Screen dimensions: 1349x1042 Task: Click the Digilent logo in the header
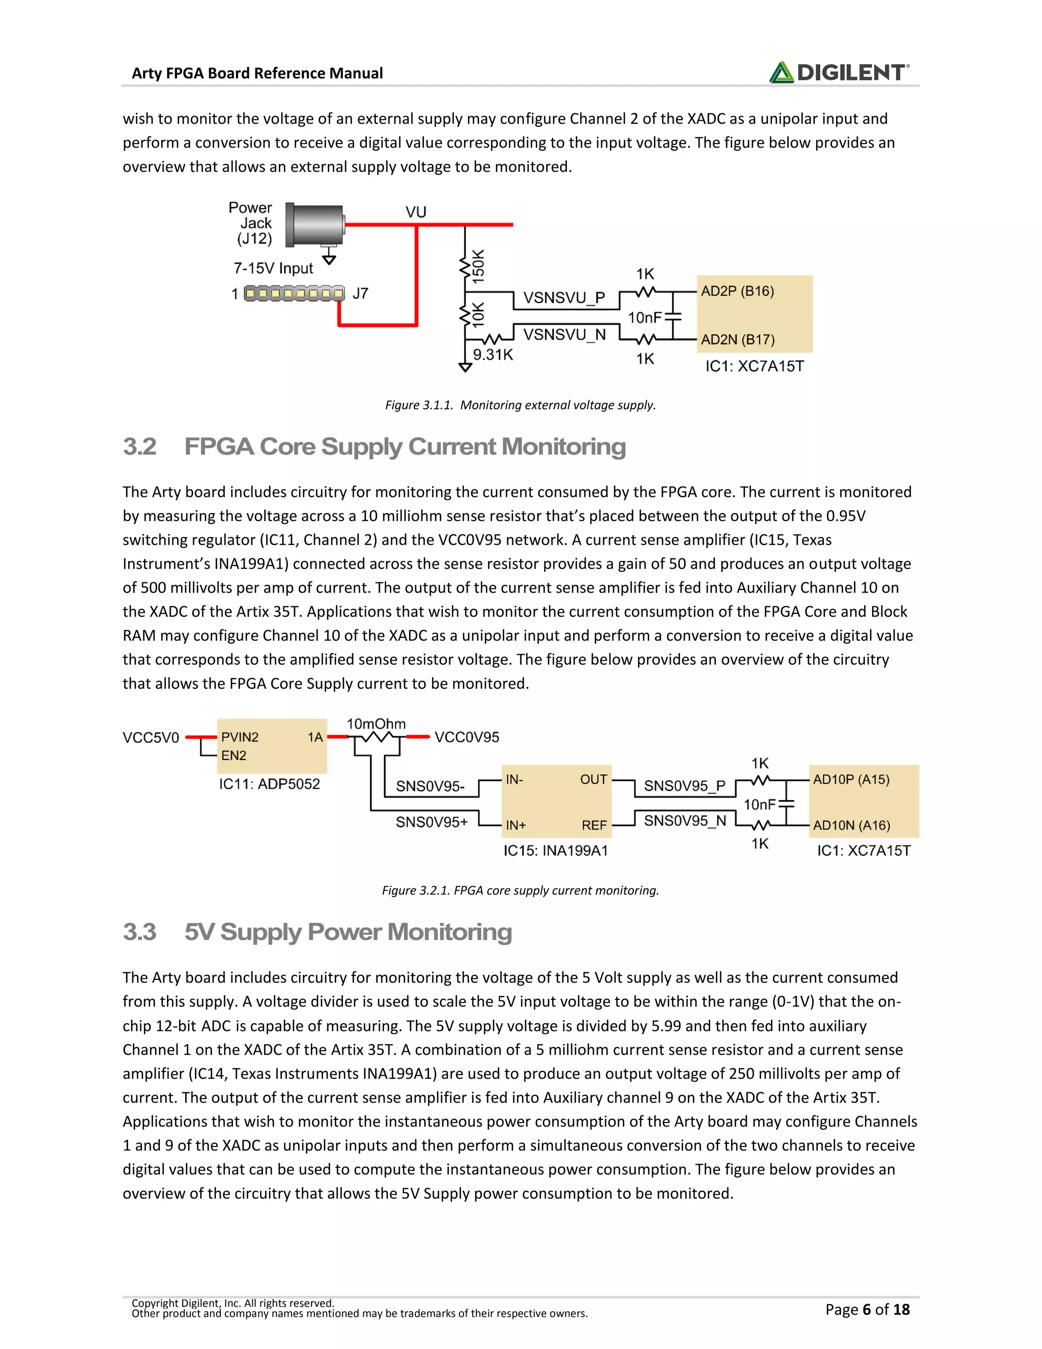pyautogui.click(x=839, y=72)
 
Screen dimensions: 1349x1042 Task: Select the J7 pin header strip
pyautogui.click(x=295, y=293)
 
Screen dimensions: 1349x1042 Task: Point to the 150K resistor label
pyautogui.click(x=478, y=266)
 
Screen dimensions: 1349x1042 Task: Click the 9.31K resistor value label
pyautogui.click(x=493, y=354)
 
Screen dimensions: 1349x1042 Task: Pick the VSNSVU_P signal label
pyautogui.click(x=564, y=298)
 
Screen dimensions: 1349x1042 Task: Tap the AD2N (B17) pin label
pyautogui.click(x=737, y=340)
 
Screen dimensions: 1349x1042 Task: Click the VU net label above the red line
pyautogui.click(x=416, y=212)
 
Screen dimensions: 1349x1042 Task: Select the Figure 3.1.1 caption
pyautogui.click(x=520, y=405)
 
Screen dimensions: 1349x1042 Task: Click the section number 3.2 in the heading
pyautogui.click(x=139, y=446)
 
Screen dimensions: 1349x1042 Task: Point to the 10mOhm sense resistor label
pyautogui.click(x=376, y=724)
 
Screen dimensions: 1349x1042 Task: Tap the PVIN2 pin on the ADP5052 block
pyautogui.click(x=240, y=737)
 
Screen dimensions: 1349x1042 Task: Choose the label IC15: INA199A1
pyautogui.click(x=556, y=851)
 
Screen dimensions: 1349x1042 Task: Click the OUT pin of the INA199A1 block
pyautogui.click(x=593, y=779)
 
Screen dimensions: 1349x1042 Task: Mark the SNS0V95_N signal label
pyautogui.click(x=685, y=821)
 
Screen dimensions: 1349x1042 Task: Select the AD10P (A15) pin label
pyautogui.click(x=851, y=779)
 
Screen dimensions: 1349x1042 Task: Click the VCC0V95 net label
pyautogui.click(x=467, y=738)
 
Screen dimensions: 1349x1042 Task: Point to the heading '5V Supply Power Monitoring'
pyautogui.click(x=348, y=932)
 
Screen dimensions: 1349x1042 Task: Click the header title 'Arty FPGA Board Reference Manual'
pyautogui.click(x=257, y=73)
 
